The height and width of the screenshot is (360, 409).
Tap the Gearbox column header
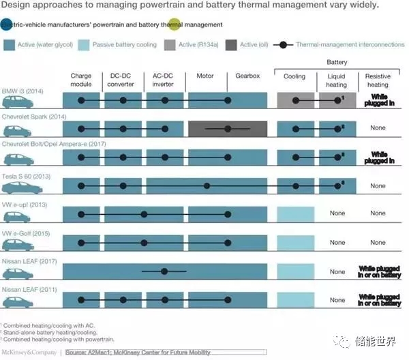click(x=245, y=75)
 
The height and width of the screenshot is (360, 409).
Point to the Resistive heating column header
click(x=377, y=82)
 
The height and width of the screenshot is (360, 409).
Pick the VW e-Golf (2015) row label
click(x=26, y=233)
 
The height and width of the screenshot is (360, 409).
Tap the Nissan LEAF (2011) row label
click(x=27, y=290)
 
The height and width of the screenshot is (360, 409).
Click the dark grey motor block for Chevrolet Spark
click(x=228, y=129)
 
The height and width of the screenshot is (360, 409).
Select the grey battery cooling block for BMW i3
click(x=296, y=100)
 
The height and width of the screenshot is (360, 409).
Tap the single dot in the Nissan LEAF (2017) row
click(x=164, y=271)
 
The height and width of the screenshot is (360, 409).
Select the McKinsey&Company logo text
click(x=29, y=352)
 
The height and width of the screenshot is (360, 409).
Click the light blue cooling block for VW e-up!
click(x=295, y=214)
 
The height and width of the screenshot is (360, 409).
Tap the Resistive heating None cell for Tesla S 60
click(x=377, y=185)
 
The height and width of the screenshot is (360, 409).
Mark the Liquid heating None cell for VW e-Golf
click(x=337, y=243)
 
